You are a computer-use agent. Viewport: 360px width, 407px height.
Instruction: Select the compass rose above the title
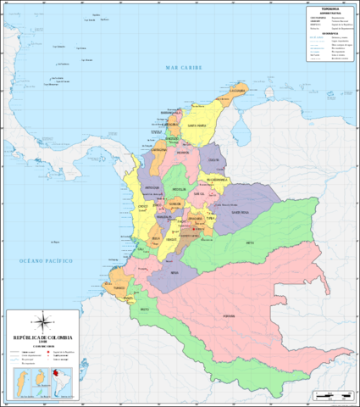(40, 321)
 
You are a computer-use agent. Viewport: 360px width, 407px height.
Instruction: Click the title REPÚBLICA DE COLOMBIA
(39, 337)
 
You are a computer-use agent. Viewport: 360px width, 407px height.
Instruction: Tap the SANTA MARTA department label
(197, 125)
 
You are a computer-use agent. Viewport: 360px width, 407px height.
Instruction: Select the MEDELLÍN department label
(179, 189)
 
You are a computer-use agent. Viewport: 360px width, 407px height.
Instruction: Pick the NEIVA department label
(174, 273)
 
